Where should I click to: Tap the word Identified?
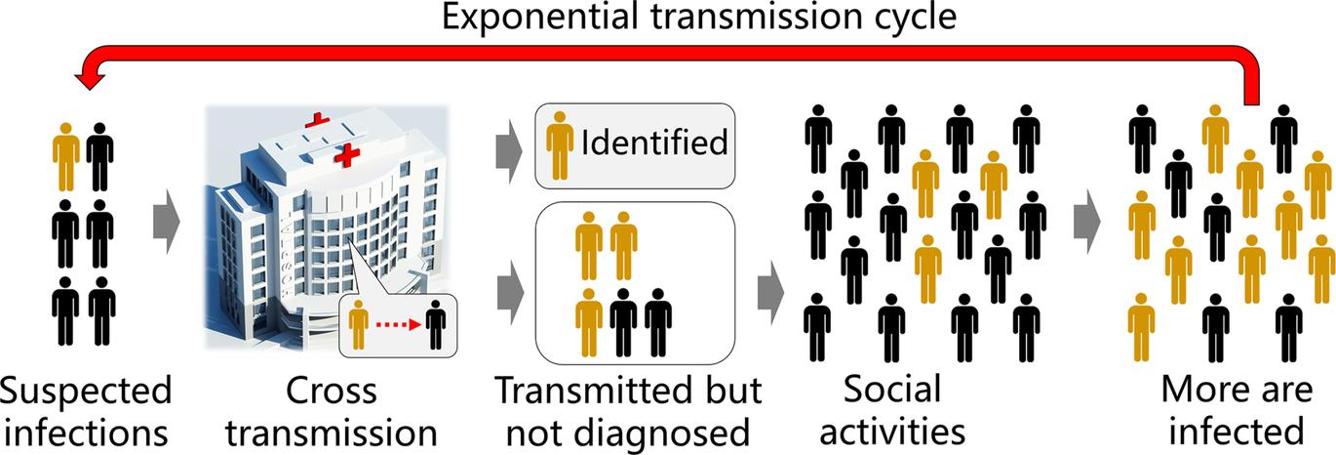[655, 143]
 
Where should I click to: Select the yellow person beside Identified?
[560, 144]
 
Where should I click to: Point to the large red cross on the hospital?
[347, 154]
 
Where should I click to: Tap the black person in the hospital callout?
[435, 325]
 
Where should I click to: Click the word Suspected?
[86, 392]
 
